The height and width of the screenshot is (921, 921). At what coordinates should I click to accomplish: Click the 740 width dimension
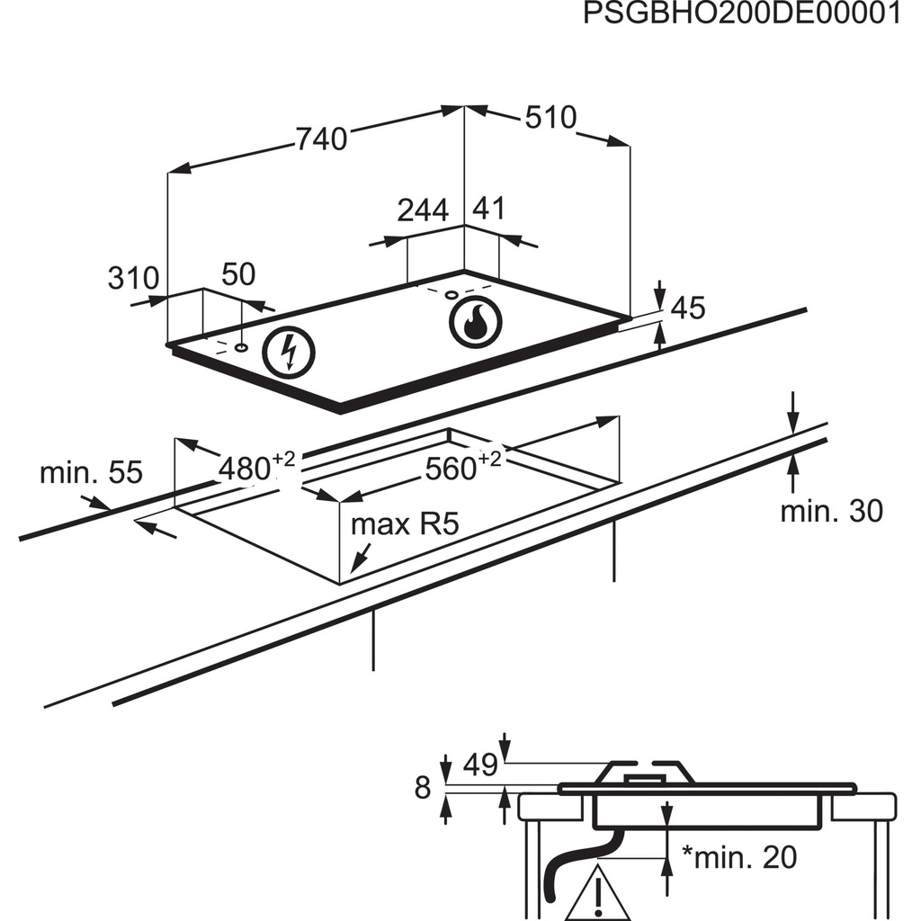(x=322, y=139)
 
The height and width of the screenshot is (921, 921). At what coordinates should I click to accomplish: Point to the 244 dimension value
(x=423, y=210)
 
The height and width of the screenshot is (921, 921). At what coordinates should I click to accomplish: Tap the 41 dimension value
(x=488, y=210)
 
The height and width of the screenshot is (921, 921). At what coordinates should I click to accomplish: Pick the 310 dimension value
(x=133, y=278)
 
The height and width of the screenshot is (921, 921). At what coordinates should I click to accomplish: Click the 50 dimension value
(x=238, y=274)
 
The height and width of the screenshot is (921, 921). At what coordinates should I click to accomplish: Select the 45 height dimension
(x=687, y=308)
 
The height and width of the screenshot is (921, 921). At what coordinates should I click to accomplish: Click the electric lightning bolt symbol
(x=289, y=352)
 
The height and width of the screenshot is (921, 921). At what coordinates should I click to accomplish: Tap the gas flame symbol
(x=473, y=321)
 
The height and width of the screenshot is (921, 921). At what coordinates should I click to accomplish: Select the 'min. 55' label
(x=91, y=472)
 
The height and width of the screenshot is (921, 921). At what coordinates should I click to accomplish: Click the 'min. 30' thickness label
(x=831, y=511)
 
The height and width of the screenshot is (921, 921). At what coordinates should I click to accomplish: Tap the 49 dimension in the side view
(x=481, y=765)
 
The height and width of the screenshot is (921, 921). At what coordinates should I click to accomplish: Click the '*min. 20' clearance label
(x=738, y=857)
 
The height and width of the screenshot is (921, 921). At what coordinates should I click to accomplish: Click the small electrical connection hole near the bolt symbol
(x=242, y=346)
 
